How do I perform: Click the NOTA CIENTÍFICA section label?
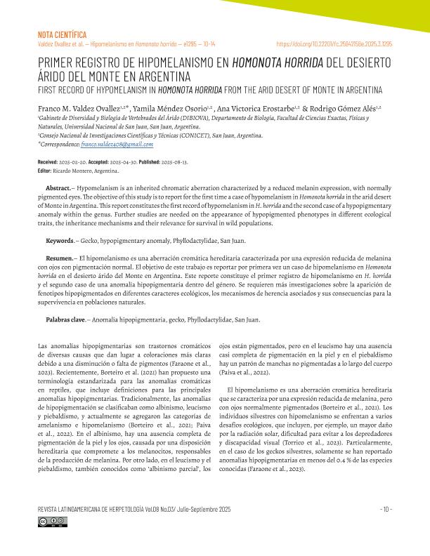61,34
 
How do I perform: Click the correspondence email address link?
117,143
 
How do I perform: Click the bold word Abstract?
58,190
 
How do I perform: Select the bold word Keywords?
60,241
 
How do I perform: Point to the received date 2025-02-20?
77,162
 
